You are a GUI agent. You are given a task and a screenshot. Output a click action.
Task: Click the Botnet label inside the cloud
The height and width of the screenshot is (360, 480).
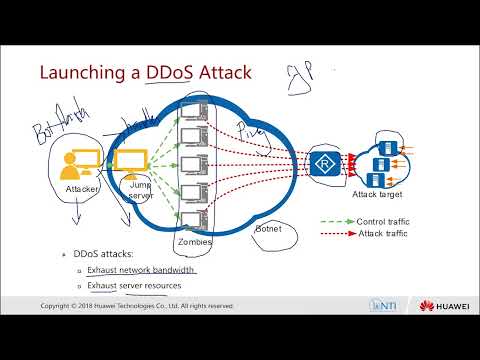(x=269, y=229)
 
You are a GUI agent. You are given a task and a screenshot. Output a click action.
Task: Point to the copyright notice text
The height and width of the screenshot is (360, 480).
(x=137, y=305)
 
